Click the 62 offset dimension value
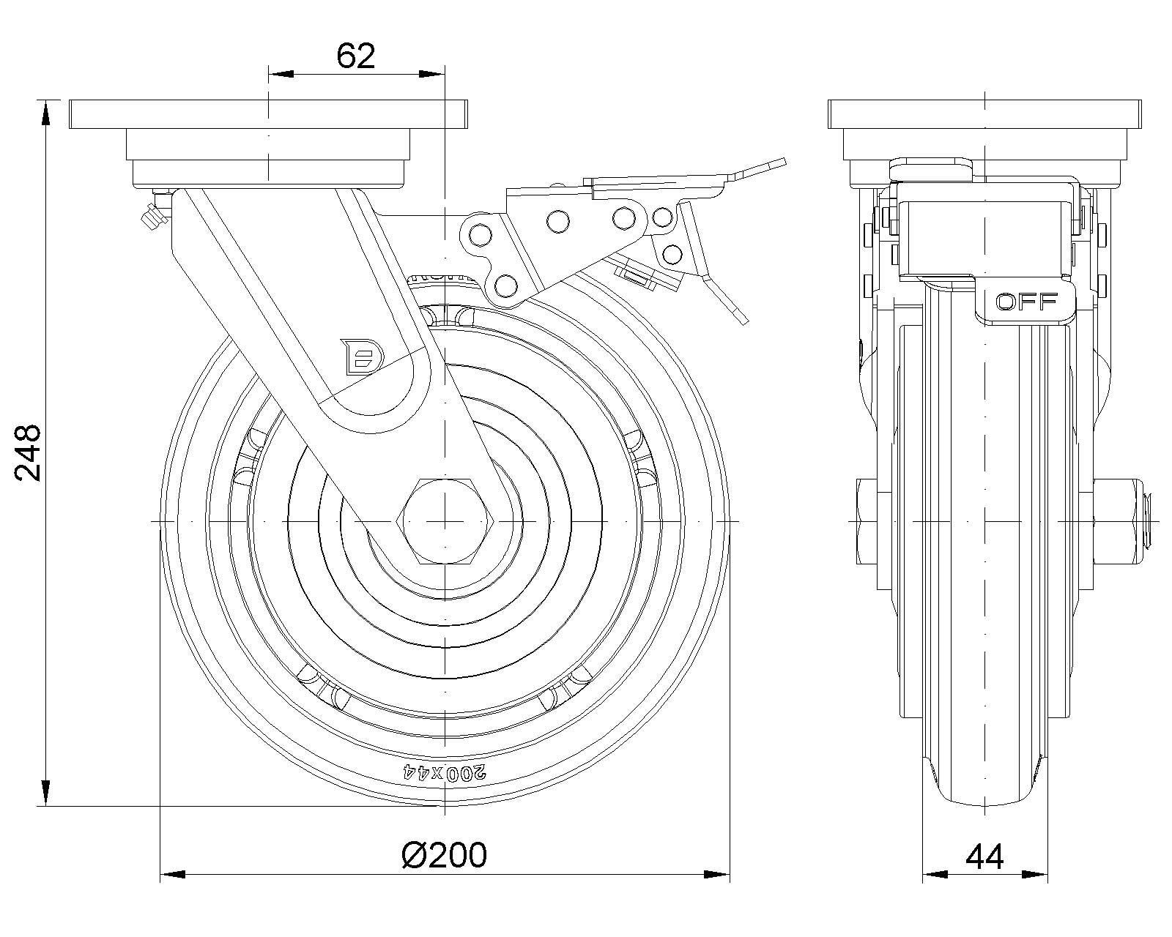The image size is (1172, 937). (356, 56)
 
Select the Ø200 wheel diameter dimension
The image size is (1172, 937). (445, 855)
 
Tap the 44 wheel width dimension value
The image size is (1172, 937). (984, 856)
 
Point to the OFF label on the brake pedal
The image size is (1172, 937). (1027, 301)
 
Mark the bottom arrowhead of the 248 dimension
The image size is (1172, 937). (46, 794)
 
